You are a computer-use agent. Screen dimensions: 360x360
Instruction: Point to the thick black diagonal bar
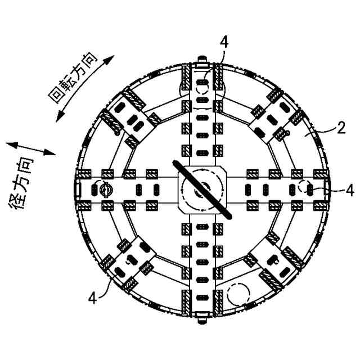(202, 190)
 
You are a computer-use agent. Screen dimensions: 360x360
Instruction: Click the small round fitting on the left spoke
(105, 190)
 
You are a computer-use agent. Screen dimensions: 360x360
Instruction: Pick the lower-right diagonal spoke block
(275, 264)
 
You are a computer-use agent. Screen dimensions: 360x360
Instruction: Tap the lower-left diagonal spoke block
(129, 263)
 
